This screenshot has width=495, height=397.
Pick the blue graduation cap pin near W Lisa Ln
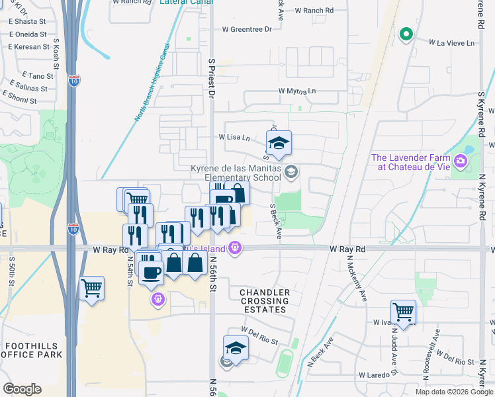click(279, 143)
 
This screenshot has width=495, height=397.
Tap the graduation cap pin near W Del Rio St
click(236, 348)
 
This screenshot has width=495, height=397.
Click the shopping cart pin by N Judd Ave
click(403, 311)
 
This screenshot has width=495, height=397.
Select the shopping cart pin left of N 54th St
click(92, 288)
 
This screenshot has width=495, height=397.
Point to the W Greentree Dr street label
click(247, 29)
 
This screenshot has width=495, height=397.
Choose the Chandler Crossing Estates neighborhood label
click(264, 301)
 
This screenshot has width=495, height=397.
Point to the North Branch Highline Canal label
click(153, 83)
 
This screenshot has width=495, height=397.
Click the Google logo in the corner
click(22, 389)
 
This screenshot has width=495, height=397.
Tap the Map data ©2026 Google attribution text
click(453, 392)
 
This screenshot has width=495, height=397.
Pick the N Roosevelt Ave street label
click(436, 344)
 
